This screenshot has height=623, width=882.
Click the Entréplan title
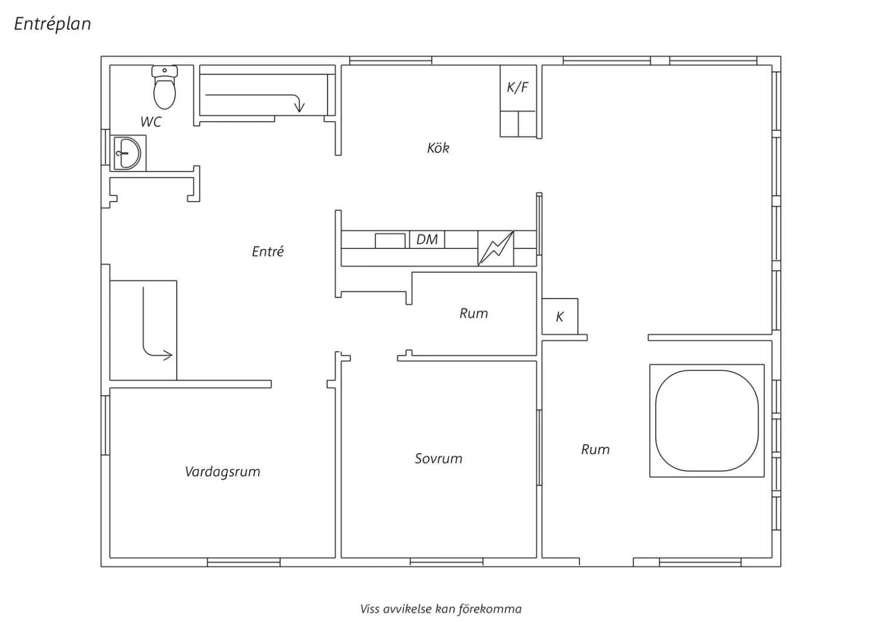[x=52, y=24]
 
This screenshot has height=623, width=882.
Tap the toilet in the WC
[x=165, y=87]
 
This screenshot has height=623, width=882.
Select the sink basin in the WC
[x=127, y=153]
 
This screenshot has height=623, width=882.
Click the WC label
[x=151, y=122]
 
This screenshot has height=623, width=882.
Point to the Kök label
[x=438, y=148]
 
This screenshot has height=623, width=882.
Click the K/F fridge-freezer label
[x=517, y=88]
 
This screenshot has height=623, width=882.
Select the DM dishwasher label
[x=427, y=239]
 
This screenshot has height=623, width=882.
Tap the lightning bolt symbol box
[x=496, y=249]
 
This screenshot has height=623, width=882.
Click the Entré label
[x=268, y=252]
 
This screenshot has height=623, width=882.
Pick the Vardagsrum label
[x=222, y=471]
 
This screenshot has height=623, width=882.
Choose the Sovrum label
[x=439, y=458]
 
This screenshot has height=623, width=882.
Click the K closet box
[x=560, y=316]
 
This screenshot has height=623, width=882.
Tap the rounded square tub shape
[x=707, y=420]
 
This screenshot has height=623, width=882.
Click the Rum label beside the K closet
[x=474, y=314]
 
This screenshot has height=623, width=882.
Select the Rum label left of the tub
[x=595, y=450]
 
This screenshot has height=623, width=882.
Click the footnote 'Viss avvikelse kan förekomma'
[x=441, y=609]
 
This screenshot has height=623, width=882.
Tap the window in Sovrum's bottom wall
[x=446, y=562]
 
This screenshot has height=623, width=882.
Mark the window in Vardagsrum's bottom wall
[x=244, y=562]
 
